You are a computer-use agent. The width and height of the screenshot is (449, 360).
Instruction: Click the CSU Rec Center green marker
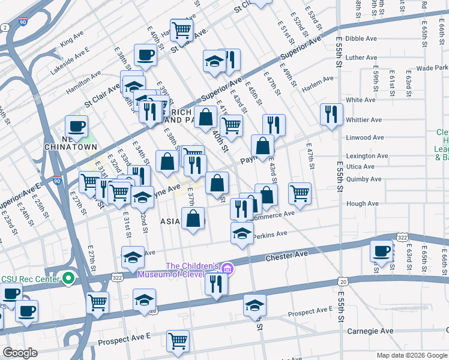click(69, 278)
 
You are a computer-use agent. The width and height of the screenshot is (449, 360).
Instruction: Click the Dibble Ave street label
click(361, 38)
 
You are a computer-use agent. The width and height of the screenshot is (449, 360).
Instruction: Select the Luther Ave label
click(361, 58)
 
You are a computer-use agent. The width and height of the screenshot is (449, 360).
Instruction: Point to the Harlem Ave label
click(320, 79)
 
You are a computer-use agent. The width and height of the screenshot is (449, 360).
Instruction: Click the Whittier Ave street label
click(364, 120)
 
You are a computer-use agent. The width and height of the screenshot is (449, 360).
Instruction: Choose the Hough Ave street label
click(362, 203)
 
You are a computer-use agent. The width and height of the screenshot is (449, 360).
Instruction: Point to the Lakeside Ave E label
click(70, 61)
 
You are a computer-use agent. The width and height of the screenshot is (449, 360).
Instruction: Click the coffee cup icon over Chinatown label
click(76, 126)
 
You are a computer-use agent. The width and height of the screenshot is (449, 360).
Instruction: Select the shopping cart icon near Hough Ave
click(300, 193)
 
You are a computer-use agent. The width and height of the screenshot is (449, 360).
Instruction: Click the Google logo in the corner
click(20, 353)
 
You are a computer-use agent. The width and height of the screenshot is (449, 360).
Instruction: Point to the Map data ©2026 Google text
click(411, 355)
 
